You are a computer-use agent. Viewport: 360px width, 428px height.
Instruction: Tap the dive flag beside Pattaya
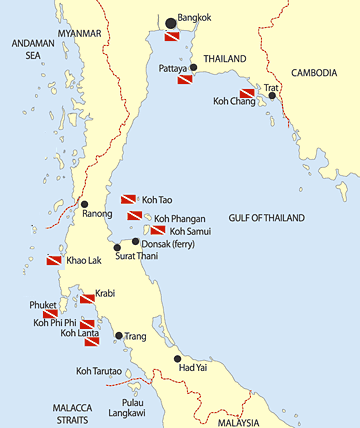(x=185, y=77)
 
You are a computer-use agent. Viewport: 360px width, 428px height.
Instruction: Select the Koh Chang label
(x=233, y=100)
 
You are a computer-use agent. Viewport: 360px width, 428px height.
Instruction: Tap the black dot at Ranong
(x=84, y=204)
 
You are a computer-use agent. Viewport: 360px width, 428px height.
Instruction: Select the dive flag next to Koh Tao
(x=128, y=199)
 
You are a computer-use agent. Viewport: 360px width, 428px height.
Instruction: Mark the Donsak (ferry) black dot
(x=136, y=242)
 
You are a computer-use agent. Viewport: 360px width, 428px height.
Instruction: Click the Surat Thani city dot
(x=117, y=248)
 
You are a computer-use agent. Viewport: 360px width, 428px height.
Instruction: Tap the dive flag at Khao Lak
(x=55, y=260)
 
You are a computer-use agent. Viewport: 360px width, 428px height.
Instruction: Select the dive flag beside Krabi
(x=86, y=298)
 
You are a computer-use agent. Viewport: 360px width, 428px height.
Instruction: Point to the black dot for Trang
(x=119, y=336)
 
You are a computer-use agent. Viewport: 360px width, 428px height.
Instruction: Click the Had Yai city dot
(x=205, y=358)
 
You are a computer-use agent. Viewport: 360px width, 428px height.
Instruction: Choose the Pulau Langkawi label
(x=126, y=406)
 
